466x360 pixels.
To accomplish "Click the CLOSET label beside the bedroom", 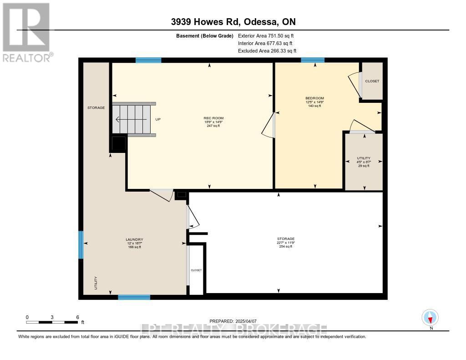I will click(x=372, y=81).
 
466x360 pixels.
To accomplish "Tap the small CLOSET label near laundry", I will click(x=196, y=270).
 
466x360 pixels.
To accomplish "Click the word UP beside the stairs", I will click(x=158, y=120).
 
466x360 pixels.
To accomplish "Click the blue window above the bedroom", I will click(x=313, y=60).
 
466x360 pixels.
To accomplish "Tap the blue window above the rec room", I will click(x=148, y=60).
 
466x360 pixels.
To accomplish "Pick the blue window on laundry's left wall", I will click(x=81, y=245).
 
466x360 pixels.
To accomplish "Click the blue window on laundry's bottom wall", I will click(x=134, y=297).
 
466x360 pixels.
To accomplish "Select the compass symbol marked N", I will click(x=430, y=318).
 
